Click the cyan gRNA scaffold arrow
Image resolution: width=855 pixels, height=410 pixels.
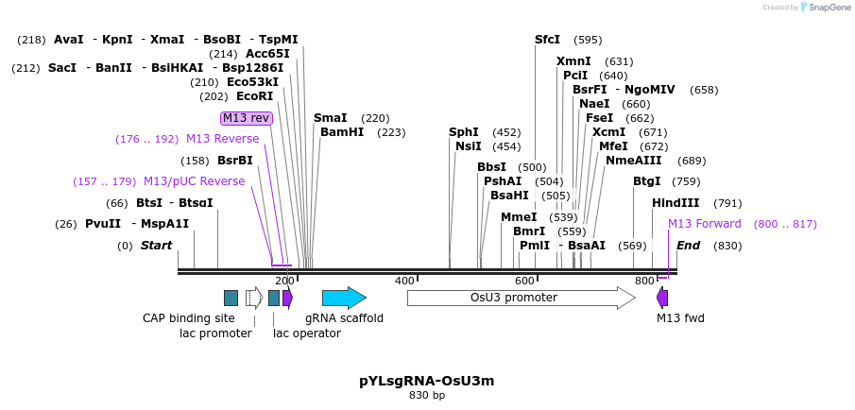pos(343,298)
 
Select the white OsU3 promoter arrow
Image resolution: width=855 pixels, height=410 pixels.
pos(521,298)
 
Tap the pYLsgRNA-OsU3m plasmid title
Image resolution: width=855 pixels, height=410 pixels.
pos(426,381)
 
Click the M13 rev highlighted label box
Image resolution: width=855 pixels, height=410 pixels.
pos(247,118)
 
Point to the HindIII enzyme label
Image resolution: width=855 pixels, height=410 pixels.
pos(675,203)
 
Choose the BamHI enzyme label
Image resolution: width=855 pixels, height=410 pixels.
pos(342,132)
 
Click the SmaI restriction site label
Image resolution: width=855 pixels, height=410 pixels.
pos(331,118)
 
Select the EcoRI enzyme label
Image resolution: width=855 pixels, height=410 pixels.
pos(254,96)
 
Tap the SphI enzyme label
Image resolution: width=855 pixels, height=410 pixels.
pos(464,132)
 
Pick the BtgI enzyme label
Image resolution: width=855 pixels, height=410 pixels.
pos(647,181)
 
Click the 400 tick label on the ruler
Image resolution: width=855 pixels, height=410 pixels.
pos(404,281)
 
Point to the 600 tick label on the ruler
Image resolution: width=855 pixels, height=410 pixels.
pos(524,281)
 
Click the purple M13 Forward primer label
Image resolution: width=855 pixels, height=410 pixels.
pos(705,224)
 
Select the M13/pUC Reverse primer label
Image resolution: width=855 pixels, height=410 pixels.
pos(194,181)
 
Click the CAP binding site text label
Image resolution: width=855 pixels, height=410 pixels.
pos(189,318)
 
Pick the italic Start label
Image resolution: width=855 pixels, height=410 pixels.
pos(157,246)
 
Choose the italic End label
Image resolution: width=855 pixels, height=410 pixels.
pos(688,246)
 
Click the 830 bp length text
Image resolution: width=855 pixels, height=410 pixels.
pos(427,395)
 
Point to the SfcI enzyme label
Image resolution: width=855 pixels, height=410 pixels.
pos(547,40)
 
